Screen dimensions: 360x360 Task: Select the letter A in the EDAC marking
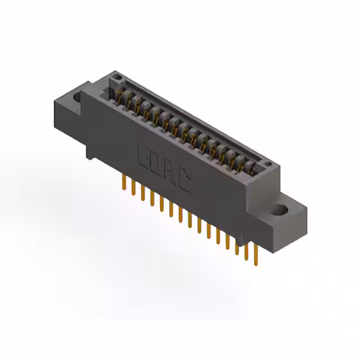pos(169,171)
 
